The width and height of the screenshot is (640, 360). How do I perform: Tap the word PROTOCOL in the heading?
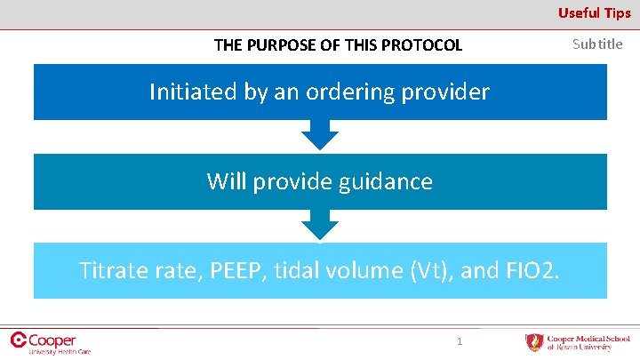[422, 45]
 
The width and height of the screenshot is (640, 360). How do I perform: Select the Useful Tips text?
[594, 12]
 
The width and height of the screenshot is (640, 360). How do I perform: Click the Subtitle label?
[597, 44]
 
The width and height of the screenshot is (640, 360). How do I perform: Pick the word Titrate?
[111, 269]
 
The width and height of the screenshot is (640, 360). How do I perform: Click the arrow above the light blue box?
[320, 224]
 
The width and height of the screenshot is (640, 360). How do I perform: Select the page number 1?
[460, 341]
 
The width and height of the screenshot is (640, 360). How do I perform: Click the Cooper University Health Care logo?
[50, 342]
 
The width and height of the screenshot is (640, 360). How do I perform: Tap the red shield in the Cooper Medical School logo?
[533, 342]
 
